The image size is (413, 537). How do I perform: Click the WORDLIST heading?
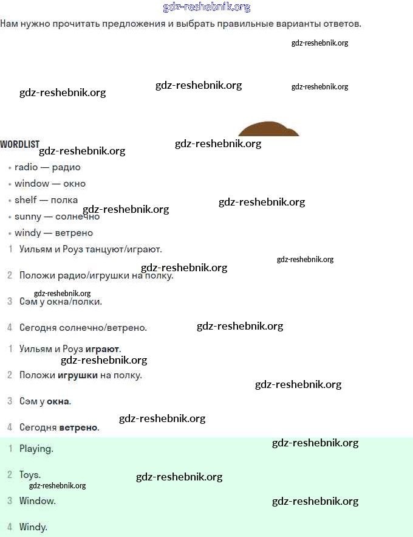pyautogui.click(x=19, y=145)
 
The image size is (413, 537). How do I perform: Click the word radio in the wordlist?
pyautogui.click(x=26, y=167)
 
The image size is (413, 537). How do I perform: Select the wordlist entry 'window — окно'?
pyautogui.click(x=50, y=184)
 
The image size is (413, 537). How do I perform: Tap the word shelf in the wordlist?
pyautogui.click(x=26, y=200)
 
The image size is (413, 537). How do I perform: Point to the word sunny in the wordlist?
pyautogui.click(x=28, y=217)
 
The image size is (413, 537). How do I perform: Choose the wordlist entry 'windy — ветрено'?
pyautogui.click(x=53, y=233)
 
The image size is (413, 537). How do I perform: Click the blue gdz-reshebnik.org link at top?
pyautogui.click(x=206, y=7)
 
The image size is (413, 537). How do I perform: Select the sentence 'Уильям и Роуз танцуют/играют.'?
pyautogui.click(x=90, y=249)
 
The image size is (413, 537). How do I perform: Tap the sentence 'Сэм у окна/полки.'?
pyautogui.click(x=61, y=301)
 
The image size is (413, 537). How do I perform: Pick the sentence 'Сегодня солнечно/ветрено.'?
pyautogui.click(x=83, y=328)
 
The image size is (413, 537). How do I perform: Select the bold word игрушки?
pyautogui.click(x=77, y=375)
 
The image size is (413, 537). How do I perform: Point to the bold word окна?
pyautogui.click(x=58, y=401)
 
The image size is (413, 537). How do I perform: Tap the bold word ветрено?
pyautogui.click(x=78, y=428)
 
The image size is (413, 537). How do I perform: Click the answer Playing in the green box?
pyautogui.click(x=36, y=449)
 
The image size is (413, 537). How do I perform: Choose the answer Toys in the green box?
pyautogui.click(x=30, y=475)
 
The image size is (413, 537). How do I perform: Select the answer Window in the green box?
pyautogui.click(x=37, y=501)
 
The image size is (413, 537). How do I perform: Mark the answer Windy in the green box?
pyautogui.click(x=33, y=527)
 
